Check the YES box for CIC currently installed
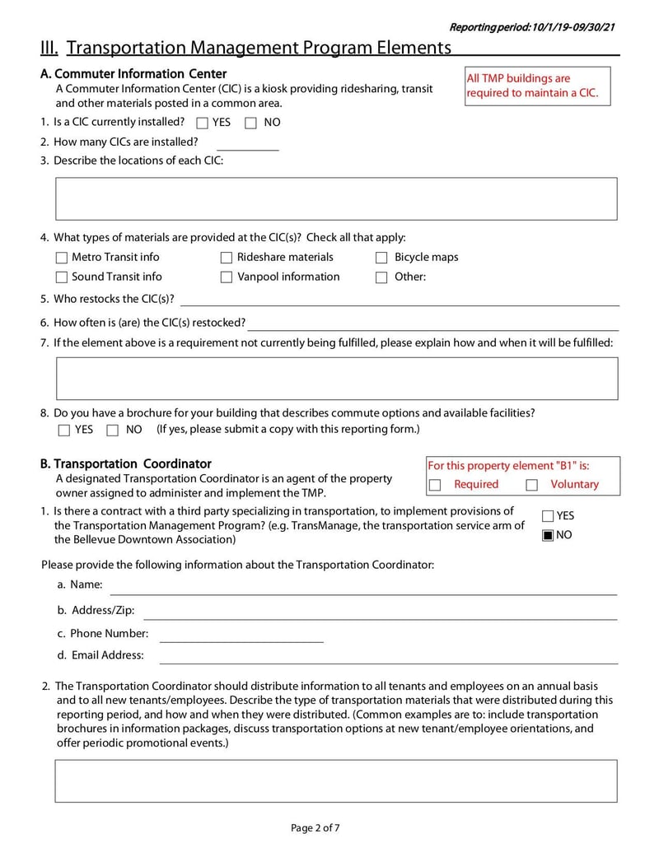pos(203,123)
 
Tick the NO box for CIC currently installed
pos(250,123)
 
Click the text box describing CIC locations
pos(335,198)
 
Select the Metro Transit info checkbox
pos(62,258)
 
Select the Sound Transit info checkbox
pos(62,277)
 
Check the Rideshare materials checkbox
pos(227,258)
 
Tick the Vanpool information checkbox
pos(227,277)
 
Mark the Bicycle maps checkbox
pos(381,258)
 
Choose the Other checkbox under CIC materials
pos(381,277)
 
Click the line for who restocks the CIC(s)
pos(400,299)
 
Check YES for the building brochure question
pos(64,430)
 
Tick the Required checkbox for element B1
pos(436,485)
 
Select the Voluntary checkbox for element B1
pos(531,485)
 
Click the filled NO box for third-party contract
pos(548,536)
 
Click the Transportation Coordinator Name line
pos(363,586)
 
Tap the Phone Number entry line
pos(241,635)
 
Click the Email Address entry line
pos(388,656)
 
